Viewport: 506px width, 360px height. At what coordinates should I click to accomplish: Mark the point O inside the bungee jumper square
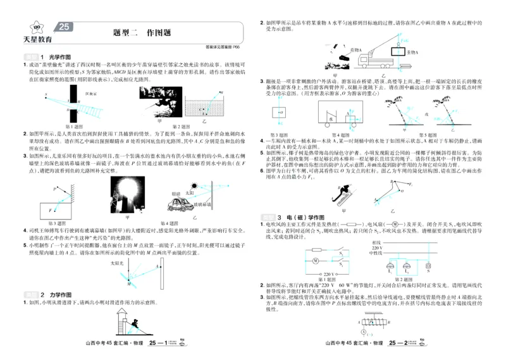[x=279, y=113]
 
